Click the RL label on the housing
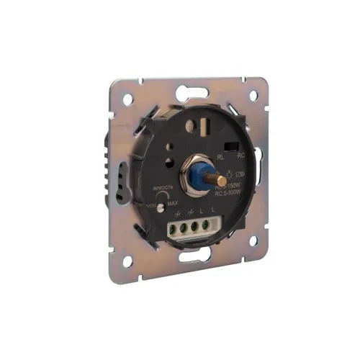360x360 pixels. (220, 153)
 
